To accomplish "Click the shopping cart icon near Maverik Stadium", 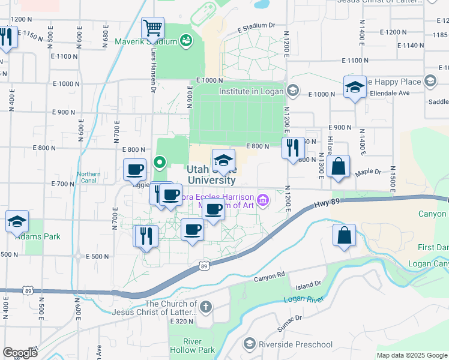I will point(153,28).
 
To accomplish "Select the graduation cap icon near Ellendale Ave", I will point(355,87).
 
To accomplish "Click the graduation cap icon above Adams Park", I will point(17,221).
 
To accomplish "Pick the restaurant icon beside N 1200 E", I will point(292,148).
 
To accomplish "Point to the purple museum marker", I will point(262,200).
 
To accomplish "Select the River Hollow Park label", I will point(199,346).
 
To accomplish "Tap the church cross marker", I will point(206,308).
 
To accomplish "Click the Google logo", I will point(20,352).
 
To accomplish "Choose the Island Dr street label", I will point(310,283).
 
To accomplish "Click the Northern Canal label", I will point(89,178).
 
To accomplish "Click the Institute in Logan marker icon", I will point(292,91).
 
